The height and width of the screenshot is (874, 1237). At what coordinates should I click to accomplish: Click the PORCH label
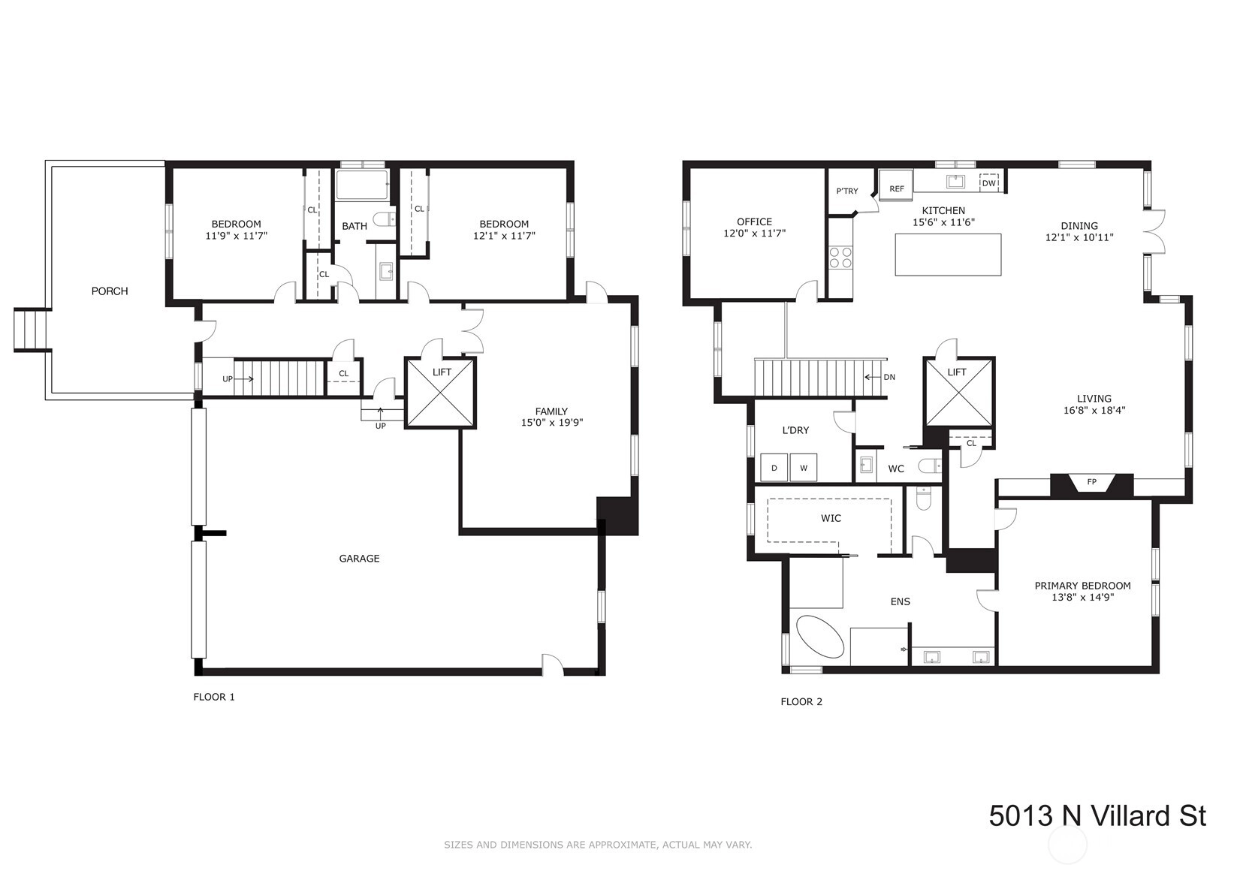(110, 291)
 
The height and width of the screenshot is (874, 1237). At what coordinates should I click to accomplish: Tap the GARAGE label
(359, 558)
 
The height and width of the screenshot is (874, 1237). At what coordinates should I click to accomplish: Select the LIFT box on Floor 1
(440, 393)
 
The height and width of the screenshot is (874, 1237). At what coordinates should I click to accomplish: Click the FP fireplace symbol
(1091, 484)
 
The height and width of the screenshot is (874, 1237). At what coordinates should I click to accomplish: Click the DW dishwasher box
(988, 182)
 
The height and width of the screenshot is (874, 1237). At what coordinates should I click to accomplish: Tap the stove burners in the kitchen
(840, 258)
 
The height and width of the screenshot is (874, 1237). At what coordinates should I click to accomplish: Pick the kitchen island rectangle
(948, 255)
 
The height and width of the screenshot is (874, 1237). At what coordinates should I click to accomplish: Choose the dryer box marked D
(774, 468)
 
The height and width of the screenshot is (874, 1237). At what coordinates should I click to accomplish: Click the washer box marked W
(804, 468)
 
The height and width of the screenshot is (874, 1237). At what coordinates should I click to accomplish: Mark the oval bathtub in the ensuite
(820, 637)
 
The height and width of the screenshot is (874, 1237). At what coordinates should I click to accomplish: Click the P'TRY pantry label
(846, 191)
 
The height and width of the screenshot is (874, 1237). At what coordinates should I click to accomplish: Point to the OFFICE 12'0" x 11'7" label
(754, 228)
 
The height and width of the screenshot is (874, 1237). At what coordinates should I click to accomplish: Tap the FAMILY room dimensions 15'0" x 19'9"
(552, 423)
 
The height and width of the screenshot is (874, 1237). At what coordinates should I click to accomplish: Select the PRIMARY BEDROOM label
(1082, 585)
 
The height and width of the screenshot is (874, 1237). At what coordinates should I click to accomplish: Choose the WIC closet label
(831, 518)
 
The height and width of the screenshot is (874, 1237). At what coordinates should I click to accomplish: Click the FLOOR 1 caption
(214, 697)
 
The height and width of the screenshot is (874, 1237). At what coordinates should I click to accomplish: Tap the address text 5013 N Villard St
(1097, 815)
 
